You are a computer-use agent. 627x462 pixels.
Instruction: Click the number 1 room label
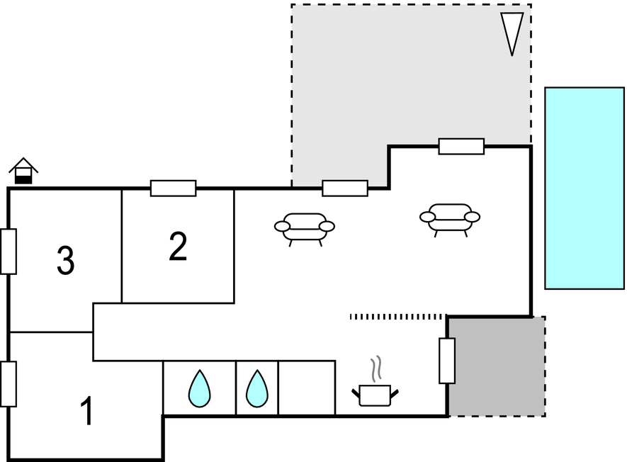[86, 411]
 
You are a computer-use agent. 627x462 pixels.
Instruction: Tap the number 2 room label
[178, 246]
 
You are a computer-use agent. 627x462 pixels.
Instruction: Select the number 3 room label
[66, 260]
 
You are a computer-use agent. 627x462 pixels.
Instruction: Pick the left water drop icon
[200, 389]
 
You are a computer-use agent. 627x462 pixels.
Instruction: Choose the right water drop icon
[256, 389]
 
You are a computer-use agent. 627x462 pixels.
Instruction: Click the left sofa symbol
[305, 229]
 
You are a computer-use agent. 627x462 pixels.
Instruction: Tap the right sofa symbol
[450, 220]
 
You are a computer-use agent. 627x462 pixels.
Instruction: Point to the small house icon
[23, 171]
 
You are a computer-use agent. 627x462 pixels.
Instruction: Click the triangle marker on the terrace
[512, 32]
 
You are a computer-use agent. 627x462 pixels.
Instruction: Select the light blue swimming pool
[584, 188]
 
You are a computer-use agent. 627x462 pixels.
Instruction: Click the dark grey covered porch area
[497, 367]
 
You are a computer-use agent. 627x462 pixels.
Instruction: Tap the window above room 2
[173, 188]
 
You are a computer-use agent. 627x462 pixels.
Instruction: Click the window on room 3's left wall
[9, 252]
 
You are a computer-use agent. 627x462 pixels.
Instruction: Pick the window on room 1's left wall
[9, 384]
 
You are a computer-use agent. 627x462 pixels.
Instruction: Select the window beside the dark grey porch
[447, 361]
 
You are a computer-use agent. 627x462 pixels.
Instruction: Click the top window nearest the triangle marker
[461, 147]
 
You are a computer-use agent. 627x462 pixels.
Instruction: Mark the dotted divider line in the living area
[398, 317]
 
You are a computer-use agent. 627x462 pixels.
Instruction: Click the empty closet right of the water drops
[307, 388]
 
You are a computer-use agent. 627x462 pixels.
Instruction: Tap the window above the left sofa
[345, 188]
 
